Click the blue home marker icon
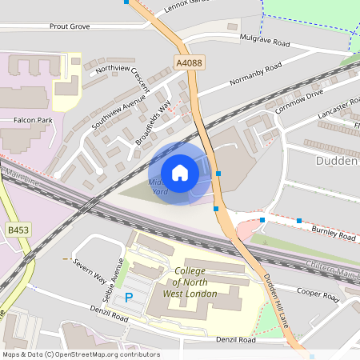[x=180, y=173]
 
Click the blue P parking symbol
[x=128, y=298]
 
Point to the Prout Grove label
[x=70, y=26]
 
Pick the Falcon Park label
[x=33, y=120]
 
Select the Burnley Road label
[x=334, y=237]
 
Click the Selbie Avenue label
[x=115, y=277]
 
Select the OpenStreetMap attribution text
[x=80, y=354]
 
